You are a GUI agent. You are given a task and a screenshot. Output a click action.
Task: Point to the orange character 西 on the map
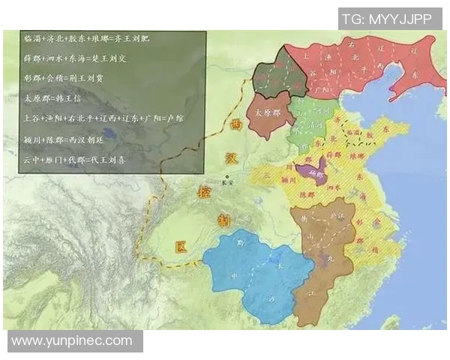(x=237, y=125)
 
